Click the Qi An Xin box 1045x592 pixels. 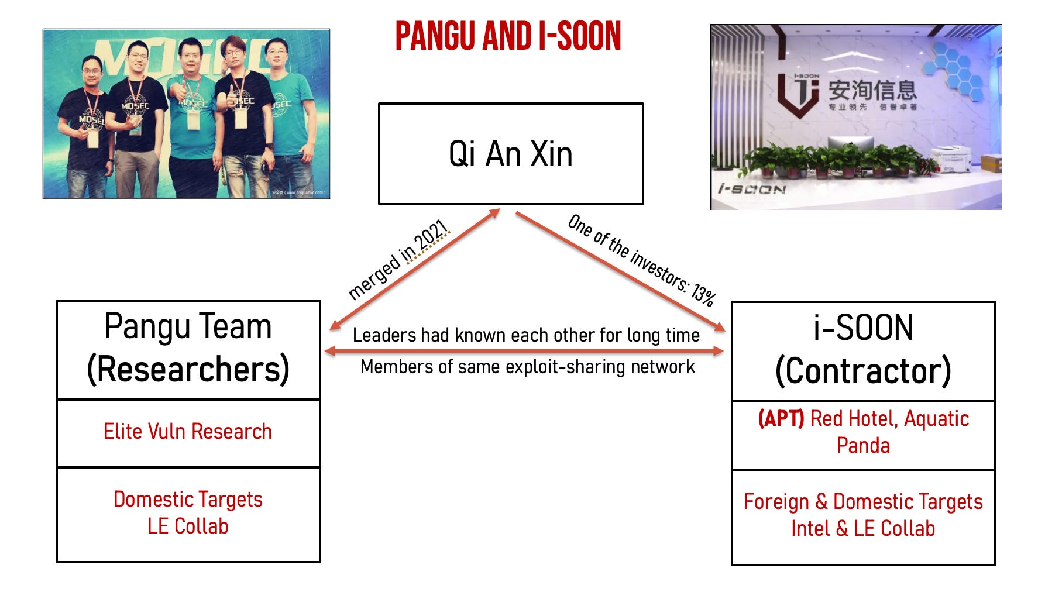click(x=511, y=154)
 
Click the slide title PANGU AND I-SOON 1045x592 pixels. click(x=508, y=36)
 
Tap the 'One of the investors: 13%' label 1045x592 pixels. click(x=641, y=260)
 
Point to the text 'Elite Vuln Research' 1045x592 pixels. click(x=188, y=432)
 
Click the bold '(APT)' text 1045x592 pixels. click(x=781, y=419)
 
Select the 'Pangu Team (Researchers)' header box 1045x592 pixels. click(x=188, y=349)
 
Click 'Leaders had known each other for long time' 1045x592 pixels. click(x=526, y=335)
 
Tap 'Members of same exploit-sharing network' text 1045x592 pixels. click(x=527, y=367)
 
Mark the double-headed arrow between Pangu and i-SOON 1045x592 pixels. click(x=524, y=351)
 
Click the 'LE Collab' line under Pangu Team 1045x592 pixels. click(x=188, y=526)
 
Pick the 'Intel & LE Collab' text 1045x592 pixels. click(x=863, y=528)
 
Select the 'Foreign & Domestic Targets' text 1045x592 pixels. click(x=863, y=501)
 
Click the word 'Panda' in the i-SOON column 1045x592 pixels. click(x=863, y=446)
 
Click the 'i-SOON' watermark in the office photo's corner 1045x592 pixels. click(x=751, y=189)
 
